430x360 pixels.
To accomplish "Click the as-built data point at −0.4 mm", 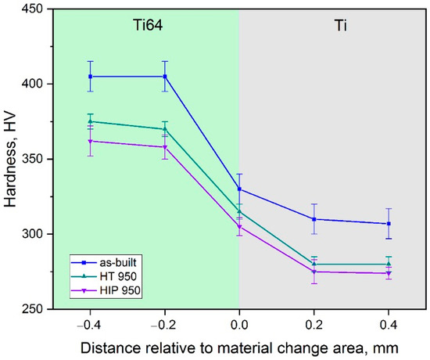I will click(x=91, y=77).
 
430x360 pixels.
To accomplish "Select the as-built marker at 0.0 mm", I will click(x=239, y=189).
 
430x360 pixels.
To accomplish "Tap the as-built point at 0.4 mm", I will click(x=389, y=224).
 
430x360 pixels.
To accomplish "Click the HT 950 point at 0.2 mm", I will click(x=314, y=265).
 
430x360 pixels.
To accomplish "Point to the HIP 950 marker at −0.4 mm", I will click(x=91, y=141).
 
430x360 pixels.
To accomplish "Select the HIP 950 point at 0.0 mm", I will click(x=239, y=227).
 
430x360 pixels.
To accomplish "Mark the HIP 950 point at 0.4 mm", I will click(x=389, y=273).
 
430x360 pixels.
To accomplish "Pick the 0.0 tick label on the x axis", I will click(x=239, y=322).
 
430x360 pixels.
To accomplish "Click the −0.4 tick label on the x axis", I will click(x=89, y=322).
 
